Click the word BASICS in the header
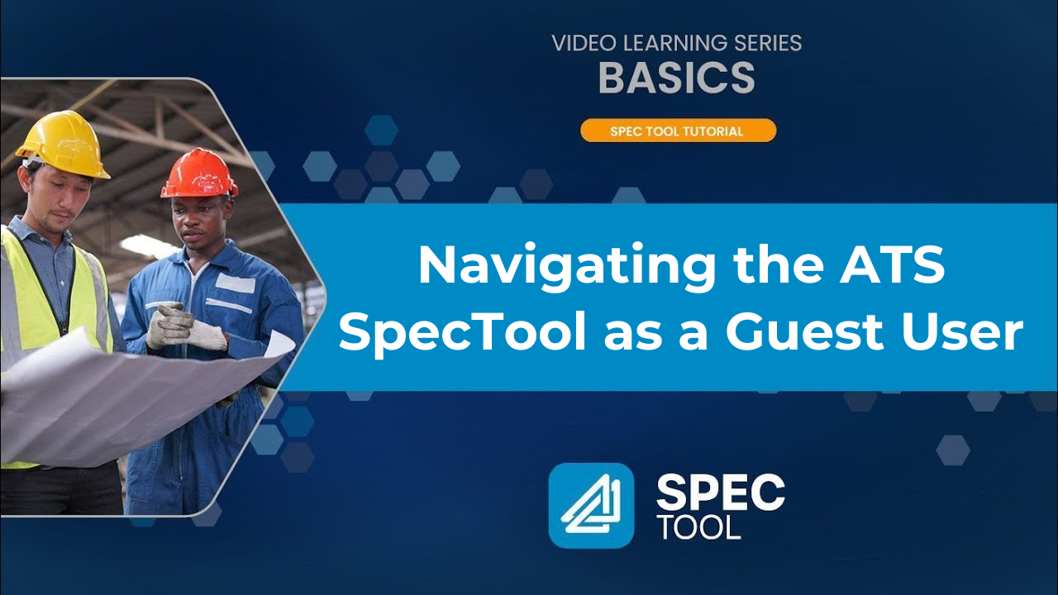pos(676,78)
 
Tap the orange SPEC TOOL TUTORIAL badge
pos(678,131)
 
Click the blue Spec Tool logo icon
pos(591,505)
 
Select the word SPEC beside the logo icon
pos(720,493)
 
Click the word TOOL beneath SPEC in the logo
pos(698,527)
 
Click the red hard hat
pos(199,174)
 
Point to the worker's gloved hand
pos(182,326)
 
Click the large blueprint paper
pos(124,397)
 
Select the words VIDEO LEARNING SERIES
pos(676,43)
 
